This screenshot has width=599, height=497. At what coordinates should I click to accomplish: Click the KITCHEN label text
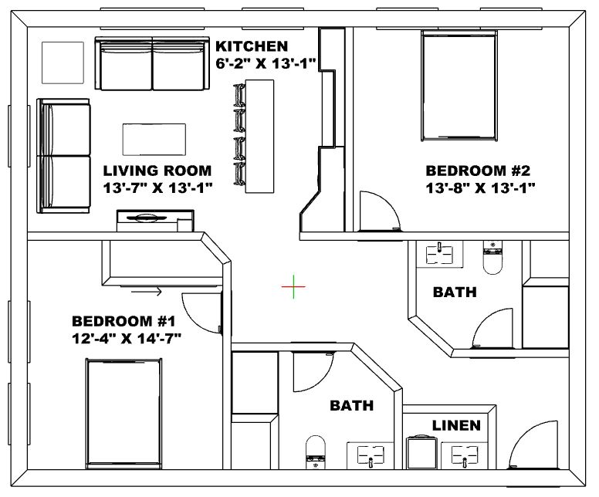252,46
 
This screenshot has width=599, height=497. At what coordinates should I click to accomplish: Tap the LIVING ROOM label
157,171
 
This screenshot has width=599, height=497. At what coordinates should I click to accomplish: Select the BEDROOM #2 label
478,171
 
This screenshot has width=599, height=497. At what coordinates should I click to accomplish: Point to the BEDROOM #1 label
124,321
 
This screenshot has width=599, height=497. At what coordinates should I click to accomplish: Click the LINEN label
456,425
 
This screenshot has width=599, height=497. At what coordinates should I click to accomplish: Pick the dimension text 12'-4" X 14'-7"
126,338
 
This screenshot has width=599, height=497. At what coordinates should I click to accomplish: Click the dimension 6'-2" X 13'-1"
266,63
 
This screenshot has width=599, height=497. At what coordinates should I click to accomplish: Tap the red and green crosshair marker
293,286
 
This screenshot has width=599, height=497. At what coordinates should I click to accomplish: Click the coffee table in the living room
154,139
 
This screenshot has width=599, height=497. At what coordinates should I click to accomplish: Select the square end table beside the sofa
63,63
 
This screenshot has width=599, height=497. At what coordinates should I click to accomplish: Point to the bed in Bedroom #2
459,86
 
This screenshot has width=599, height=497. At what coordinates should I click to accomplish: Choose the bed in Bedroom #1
124,414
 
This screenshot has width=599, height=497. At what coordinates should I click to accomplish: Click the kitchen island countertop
259,137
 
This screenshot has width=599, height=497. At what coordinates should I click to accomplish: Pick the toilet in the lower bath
316,452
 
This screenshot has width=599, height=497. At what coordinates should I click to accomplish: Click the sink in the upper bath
439,253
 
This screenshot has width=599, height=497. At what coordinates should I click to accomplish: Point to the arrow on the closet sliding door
147,292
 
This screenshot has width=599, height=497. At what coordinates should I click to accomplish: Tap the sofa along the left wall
63,155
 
